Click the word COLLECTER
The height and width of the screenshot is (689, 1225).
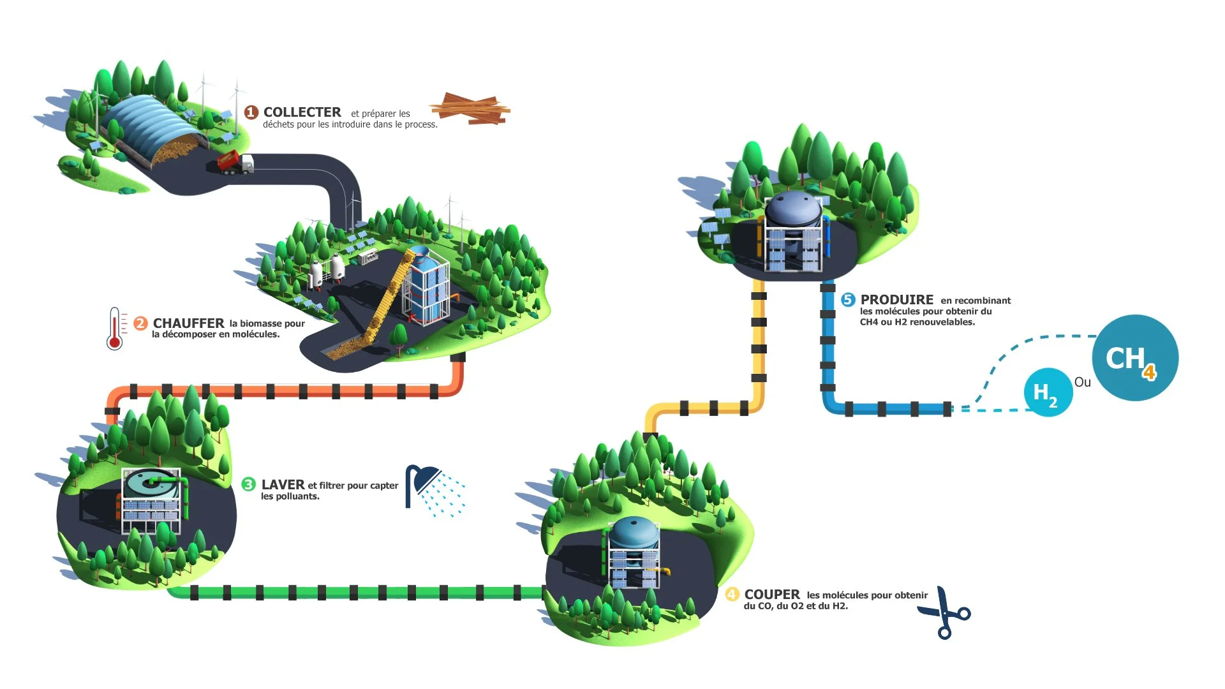point(302,112)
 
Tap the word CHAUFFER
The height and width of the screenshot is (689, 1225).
point(188,323)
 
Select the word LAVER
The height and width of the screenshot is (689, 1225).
point(283,485)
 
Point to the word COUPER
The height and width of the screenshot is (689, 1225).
point(771,595)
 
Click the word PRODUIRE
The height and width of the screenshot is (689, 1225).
point(896,300)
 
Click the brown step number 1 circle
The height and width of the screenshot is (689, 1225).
point(251,113)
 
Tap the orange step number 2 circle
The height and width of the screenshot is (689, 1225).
point(140,323)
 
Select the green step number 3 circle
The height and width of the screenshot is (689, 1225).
point(248,485)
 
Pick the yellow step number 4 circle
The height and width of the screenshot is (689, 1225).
point(732,595)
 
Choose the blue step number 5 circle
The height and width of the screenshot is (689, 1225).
point(848,300)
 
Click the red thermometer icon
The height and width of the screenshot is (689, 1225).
point(115,329)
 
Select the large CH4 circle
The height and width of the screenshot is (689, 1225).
point(1134,358)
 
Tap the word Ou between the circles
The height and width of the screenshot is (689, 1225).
point(1082,382)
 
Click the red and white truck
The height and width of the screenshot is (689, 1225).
point(235,163)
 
